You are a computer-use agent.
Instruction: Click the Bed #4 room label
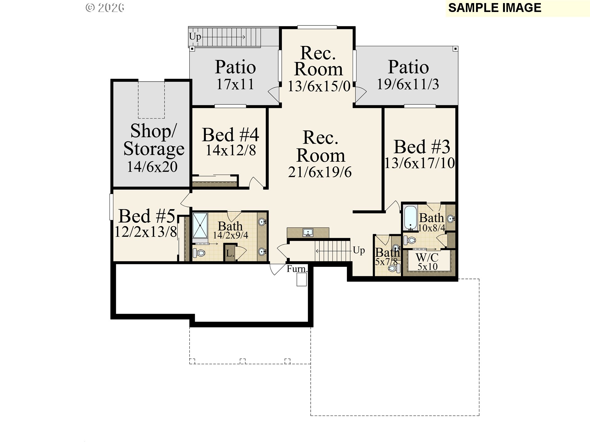[230, 135]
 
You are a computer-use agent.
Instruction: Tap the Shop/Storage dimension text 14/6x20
[152, 167]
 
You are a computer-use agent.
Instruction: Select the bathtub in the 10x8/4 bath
[410, 218]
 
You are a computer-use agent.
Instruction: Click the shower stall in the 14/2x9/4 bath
[200, 225]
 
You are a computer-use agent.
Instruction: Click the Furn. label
[297, 269]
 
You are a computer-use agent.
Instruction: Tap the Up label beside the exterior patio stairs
[195, 37]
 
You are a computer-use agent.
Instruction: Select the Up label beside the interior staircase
[359, 250]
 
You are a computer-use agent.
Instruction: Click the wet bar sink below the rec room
[308, 232]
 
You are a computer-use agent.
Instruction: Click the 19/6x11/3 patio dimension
[408, 84]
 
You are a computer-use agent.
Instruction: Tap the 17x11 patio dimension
[235, 84]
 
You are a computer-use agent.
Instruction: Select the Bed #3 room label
[422, 147]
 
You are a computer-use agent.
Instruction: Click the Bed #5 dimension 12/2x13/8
[146, 232]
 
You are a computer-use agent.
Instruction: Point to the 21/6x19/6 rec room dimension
[320, 172]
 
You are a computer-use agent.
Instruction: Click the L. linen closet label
[230, 254]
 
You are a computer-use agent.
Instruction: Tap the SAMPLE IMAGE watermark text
[494, 8]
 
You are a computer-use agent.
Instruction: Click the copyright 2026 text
[105, 8]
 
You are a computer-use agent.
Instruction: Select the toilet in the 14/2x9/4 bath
[199, 253]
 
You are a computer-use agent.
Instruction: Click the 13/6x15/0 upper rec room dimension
[319, 86]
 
